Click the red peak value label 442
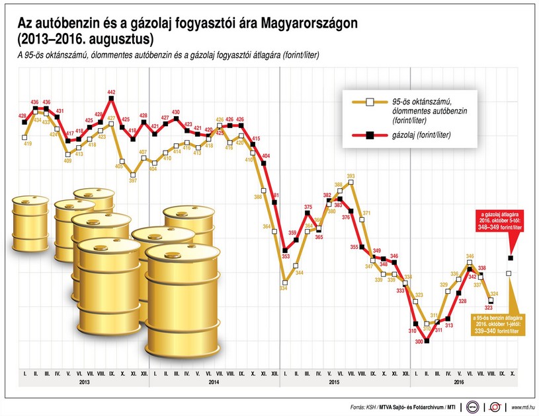(x=111, y=92)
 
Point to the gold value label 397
(x=133, y=180)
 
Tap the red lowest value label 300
(x=418, y=341)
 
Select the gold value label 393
(x=351, y=176)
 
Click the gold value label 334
(x=284, y=288)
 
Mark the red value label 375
(x=308, y=207)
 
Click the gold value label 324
(x=493, y=293)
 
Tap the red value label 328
(x=462, y=301)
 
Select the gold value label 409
(x=68, y=160)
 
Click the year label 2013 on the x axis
(x=84, y=382)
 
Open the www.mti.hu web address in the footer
(x=522, y=407)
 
